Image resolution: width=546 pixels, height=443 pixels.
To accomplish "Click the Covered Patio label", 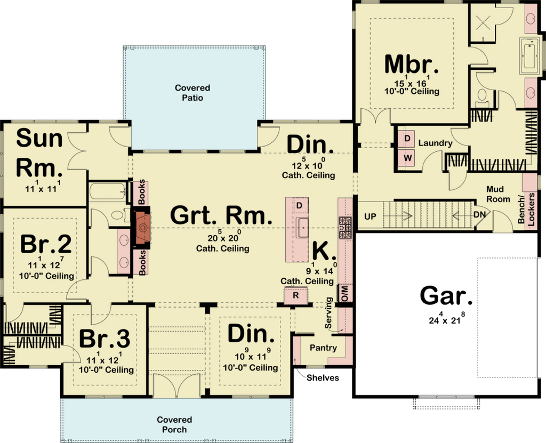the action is pyautogui.click(x=192, y=93).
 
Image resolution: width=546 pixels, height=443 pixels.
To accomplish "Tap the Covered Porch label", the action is pyautogui.click(x=174, y=424).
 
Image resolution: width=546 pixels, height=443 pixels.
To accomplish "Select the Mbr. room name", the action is pyautogui.click(x=412, y=64).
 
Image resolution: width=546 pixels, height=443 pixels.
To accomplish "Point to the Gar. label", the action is pyautogui.click(x=447, y=296).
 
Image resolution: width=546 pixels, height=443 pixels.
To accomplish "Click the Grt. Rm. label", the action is pyautogui.click(x=221, y=215).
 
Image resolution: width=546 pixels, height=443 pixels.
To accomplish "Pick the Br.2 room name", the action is pyautogui.click(x=46, y=244).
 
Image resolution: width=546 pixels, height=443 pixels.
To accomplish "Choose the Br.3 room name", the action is pyautogui.click(x=105, y=338).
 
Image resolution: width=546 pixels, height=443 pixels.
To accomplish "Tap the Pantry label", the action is pyautogui.click(x=323, y=348).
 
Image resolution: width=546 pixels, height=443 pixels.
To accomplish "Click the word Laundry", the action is pyautogui.click(x=435, y=143).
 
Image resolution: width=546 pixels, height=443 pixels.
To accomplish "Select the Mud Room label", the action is pyautogui.click(x=498, y=194).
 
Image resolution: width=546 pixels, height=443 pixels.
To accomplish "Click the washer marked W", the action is pyautogui.click(x=408, y=158).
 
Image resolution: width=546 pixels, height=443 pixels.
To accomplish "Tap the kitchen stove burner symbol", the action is pyautogui.click(x=345, y=228).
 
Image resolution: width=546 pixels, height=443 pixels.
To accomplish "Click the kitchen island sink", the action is pyautogui.click(x=302, y=228).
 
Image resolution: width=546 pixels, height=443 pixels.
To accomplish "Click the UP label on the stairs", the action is pyautogui.click(x=370, y=216).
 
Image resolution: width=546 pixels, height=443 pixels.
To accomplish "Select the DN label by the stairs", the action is pyautogui.click(x=479, y=215).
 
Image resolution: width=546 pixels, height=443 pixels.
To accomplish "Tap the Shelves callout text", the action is pyautogui.click(x=323, y=378).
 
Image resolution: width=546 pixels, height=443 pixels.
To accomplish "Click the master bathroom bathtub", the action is pyautogui.click(x=531, y=56).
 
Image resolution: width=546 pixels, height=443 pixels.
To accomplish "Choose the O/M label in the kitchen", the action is pyautogui.click(x=345, y=293).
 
